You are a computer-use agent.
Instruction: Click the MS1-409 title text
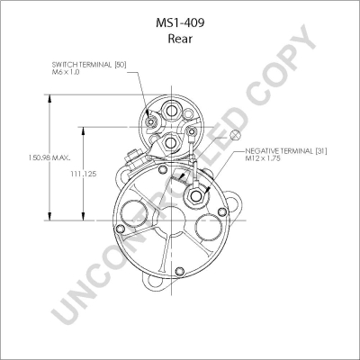180,22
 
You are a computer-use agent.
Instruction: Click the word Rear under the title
180,39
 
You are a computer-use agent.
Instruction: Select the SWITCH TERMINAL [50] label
89,65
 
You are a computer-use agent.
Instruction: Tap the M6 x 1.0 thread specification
66,72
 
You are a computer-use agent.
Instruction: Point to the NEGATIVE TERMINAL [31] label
286,151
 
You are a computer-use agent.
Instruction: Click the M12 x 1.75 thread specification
263,158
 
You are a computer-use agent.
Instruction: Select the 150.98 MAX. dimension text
49,157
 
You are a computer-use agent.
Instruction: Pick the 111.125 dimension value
84,174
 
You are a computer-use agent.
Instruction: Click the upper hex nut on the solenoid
171,112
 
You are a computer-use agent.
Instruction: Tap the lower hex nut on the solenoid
171,142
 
